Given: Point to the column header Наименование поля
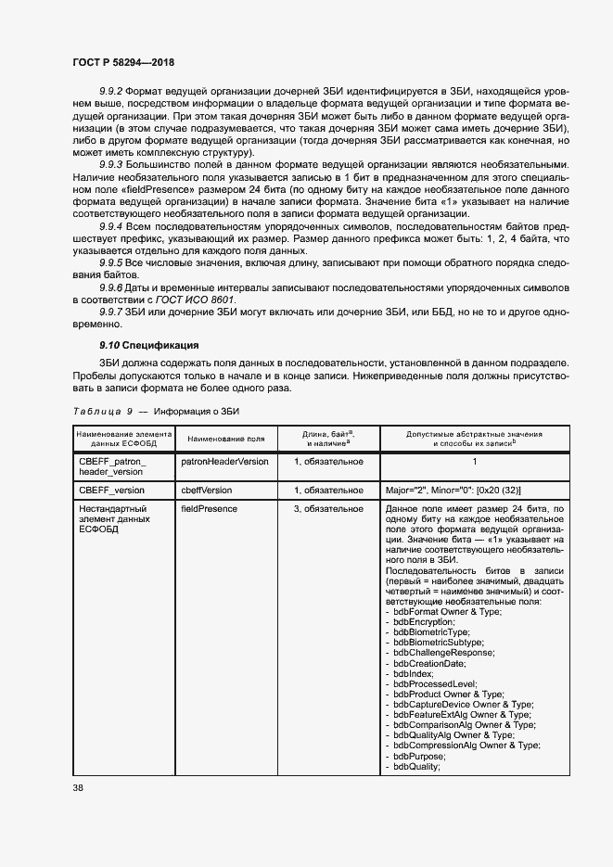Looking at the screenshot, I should point(225,439).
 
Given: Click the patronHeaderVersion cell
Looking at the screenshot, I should point(224,461).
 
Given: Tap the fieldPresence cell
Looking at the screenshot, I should point(210,509).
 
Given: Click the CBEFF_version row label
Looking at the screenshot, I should point(112,490).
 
